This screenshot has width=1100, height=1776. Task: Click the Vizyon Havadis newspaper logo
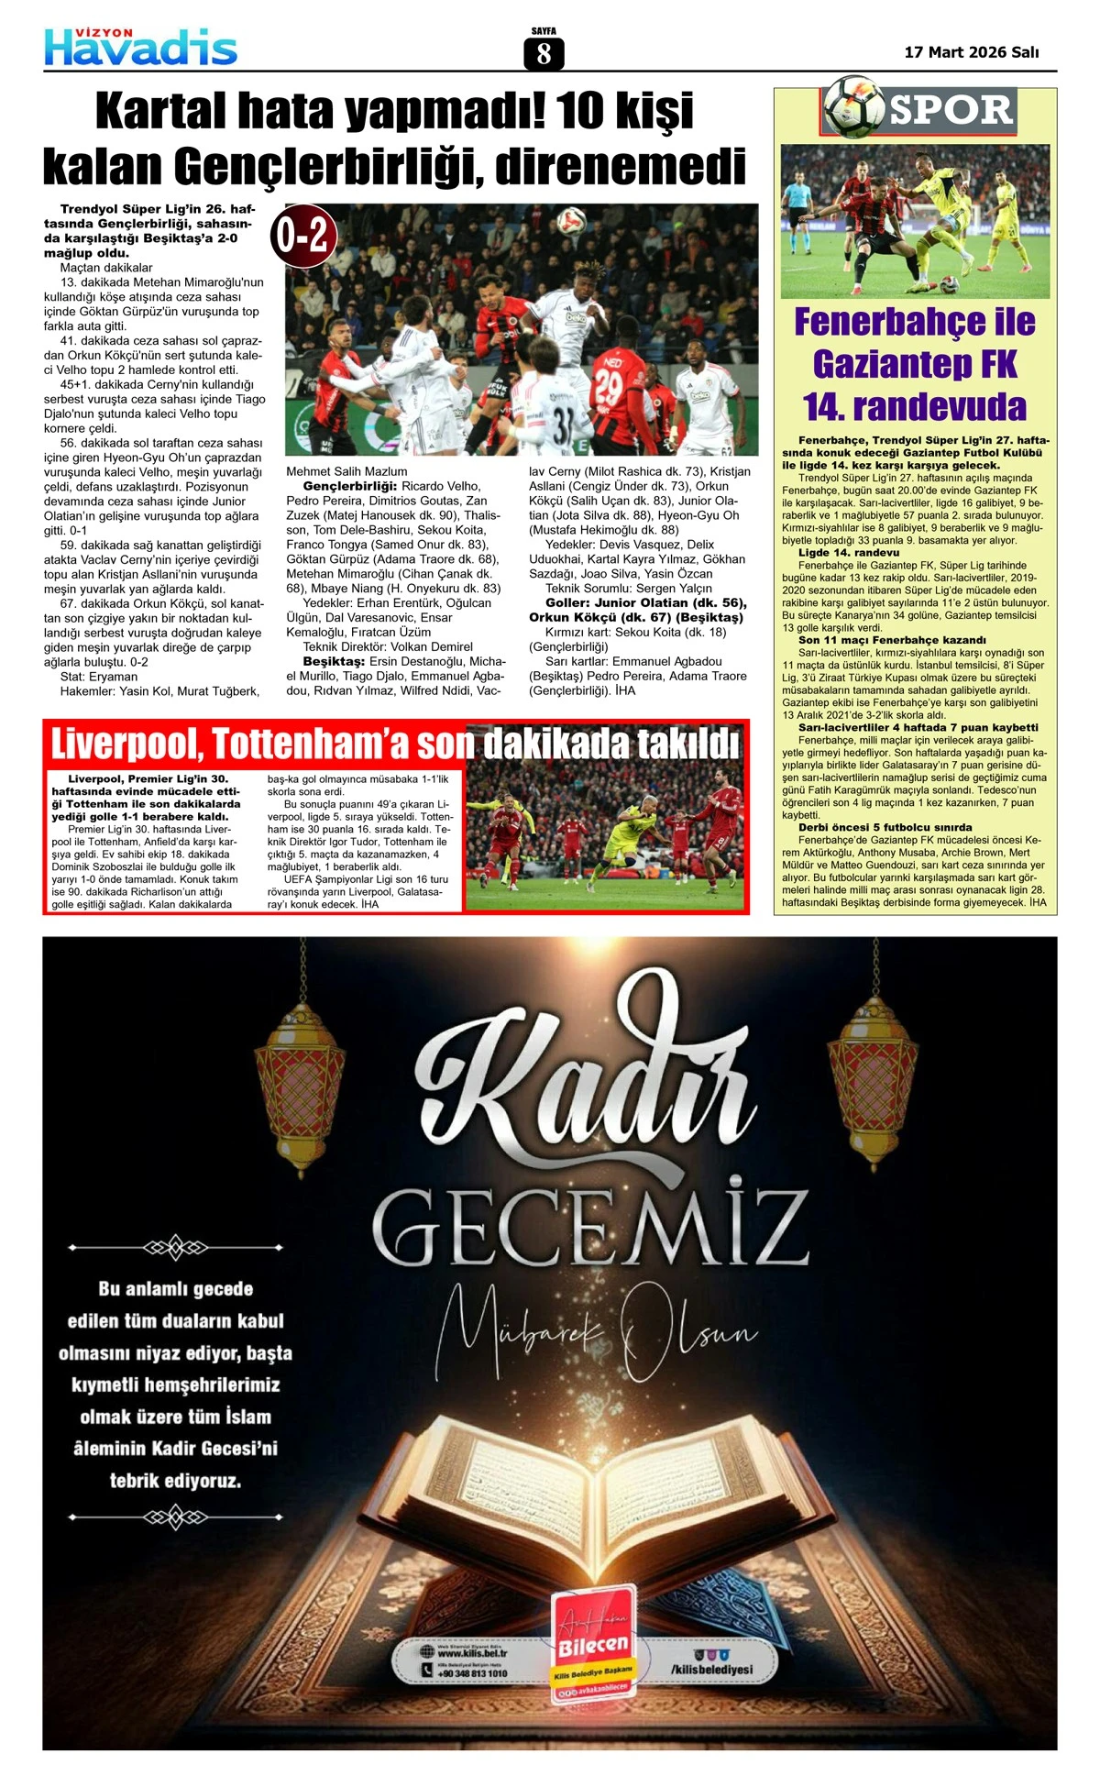[141, 47]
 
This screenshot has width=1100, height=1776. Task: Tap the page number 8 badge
[544, 54]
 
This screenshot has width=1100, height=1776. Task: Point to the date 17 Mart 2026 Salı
[971, 52]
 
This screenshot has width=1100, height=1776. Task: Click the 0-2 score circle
[303, 237]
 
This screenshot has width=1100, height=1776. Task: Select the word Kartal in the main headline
[155, 112]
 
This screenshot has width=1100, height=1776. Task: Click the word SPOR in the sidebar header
[951, 111]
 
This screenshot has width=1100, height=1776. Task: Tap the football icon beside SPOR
[853, 107]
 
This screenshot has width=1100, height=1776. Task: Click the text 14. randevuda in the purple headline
[915, 406]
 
